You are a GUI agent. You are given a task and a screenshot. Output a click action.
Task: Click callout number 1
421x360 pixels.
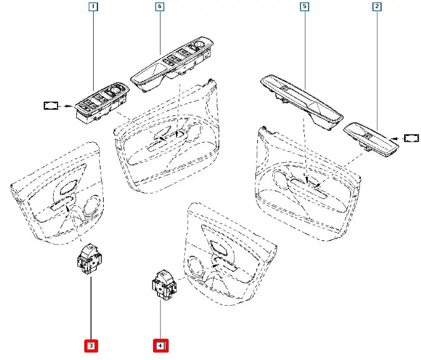coord(93,8)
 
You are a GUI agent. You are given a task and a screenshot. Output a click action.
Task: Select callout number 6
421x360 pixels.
coord(159,7)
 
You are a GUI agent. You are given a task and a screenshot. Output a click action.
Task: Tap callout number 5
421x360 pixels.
coord(304,7)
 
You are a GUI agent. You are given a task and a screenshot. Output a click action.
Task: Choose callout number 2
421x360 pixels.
coord(377,7)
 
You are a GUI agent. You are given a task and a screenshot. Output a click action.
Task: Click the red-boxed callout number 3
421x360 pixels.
coord(91,344)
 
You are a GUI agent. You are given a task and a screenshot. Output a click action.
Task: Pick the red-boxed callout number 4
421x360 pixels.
coord(161,344)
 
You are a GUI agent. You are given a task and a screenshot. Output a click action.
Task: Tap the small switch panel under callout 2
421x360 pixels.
coord(371,139)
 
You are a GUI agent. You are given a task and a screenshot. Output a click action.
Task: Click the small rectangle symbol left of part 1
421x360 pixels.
coord(50,105)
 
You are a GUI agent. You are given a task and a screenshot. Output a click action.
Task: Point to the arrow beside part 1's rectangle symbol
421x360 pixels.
coord(67,106)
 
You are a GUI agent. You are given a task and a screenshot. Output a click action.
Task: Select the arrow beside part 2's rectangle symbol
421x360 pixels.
coord(394,137)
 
